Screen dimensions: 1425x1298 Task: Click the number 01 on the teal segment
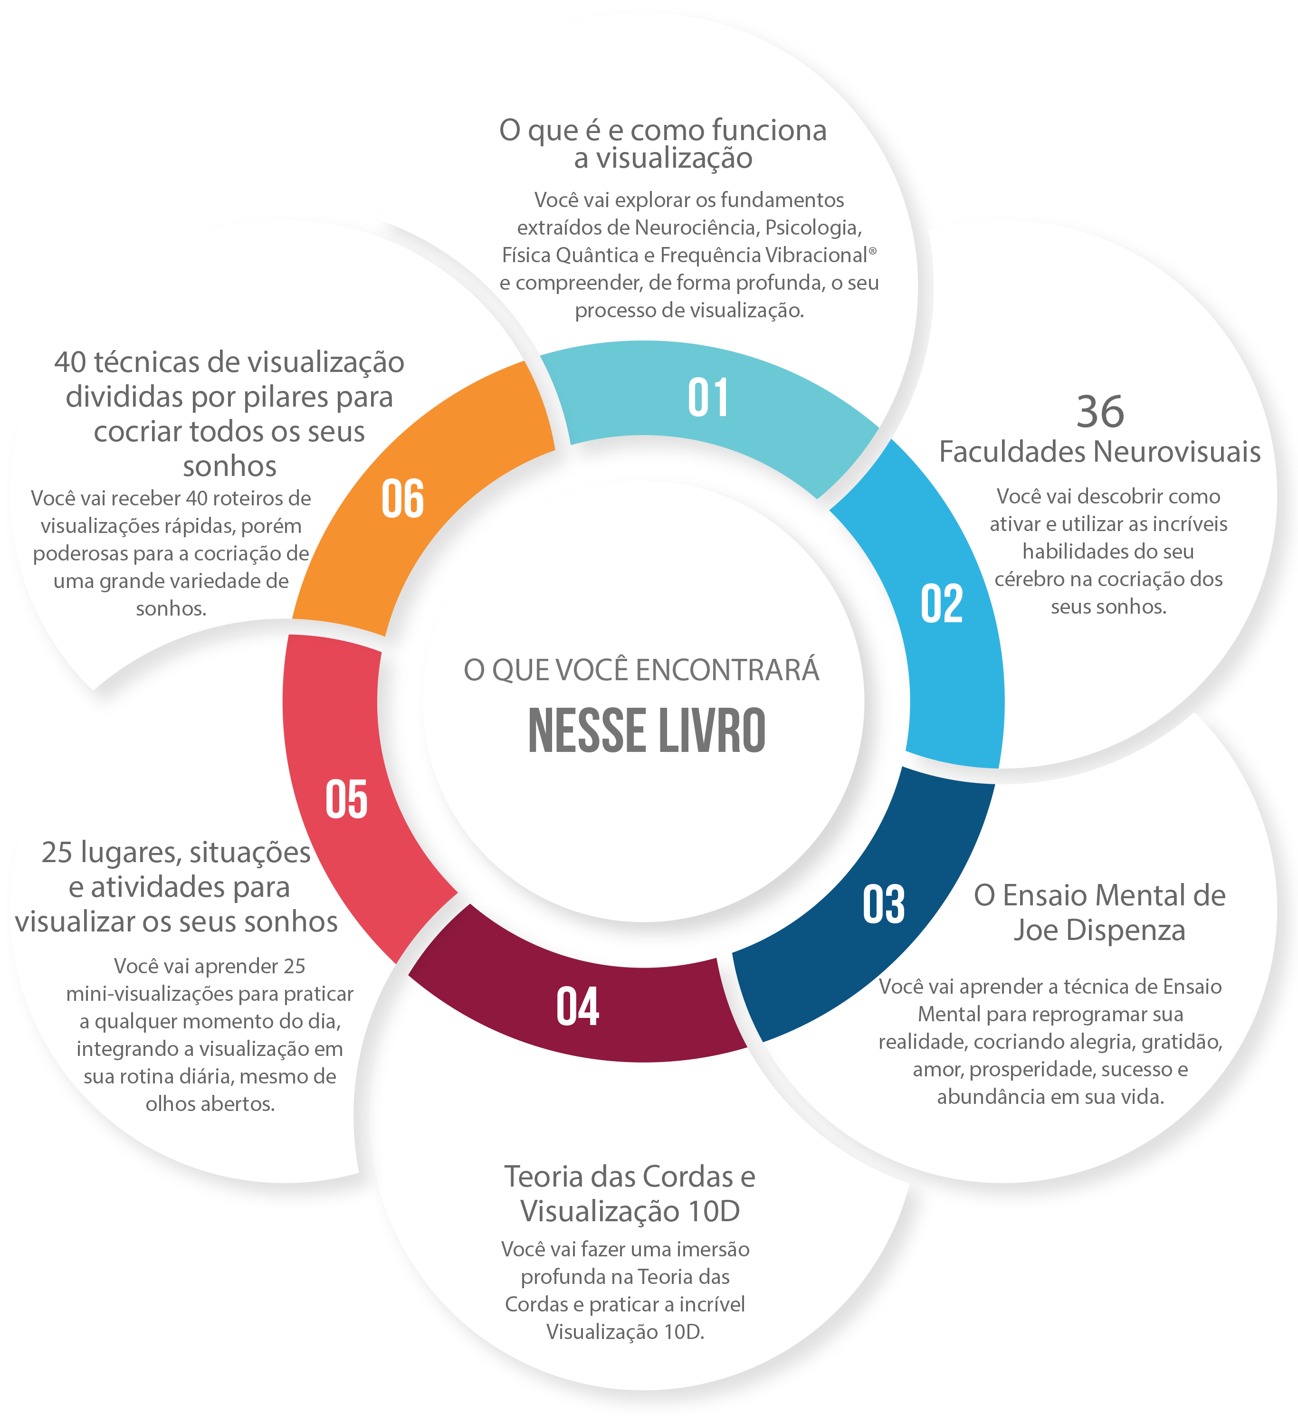click(x=708, y=398)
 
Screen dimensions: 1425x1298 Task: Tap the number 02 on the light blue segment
click(x=941, y=604)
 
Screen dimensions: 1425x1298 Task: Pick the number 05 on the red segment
click(x=346, y=799)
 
